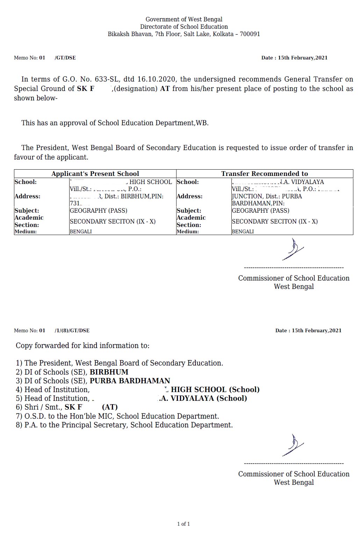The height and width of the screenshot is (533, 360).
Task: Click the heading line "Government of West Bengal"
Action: (184, 19)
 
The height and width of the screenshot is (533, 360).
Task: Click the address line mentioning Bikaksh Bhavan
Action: (184, 34)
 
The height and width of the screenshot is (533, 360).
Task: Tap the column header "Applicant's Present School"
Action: (95, 173)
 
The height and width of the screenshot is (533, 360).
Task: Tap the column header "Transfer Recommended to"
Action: (265, 173)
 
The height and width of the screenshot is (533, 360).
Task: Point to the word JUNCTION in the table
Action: (247, 196)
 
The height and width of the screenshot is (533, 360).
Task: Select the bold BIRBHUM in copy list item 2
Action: (109, 372)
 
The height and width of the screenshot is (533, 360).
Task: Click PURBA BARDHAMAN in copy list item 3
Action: (130, 381)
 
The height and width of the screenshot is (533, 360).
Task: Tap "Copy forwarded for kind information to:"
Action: (82, 346)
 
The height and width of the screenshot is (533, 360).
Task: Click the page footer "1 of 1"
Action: (183, 524)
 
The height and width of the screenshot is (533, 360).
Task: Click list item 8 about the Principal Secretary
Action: (124, 425)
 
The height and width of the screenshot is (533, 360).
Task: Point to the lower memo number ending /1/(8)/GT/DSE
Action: (72, 330)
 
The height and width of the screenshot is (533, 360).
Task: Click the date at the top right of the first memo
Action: (294, 58)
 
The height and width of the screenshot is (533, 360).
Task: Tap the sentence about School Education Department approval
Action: (115, 123)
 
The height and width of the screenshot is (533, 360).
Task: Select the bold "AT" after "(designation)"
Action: (165, 88)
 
